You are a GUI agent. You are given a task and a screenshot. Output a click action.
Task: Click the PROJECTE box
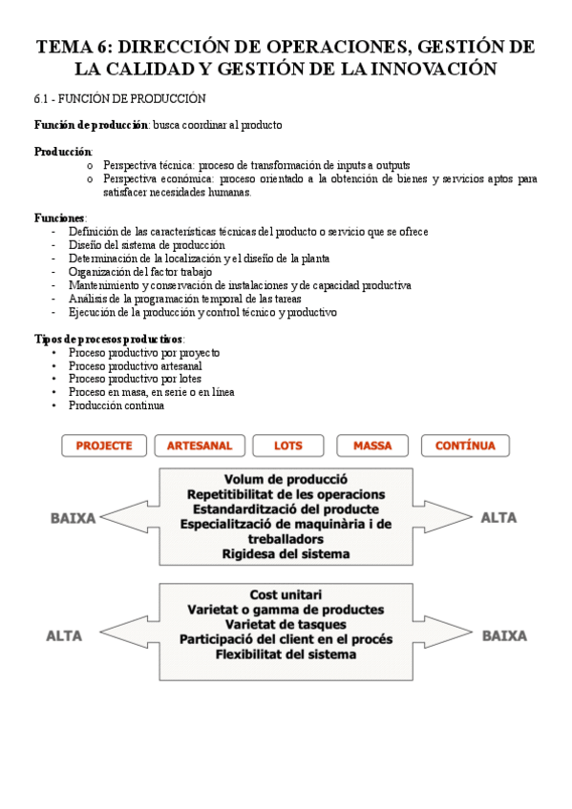pyautogui.click(x=104, y=446)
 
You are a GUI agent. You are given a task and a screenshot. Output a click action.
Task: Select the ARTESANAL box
pyautogui.click(x=199, y=446)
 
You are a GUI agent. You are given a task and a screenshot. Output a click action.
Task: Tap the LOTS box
pyautogui.click(x=287, y=446)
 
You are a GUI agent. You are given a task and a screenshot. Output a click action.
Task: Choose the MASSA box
pyautogui.click(x=372, y=446)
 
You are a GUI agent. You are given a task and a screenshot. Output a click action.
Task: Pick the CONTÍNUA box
pyautogui.click(x=465, y=446)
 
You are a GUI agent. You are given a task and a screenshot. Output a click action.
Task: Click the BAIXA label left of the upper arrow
pyautogui.click(x=73, y=518)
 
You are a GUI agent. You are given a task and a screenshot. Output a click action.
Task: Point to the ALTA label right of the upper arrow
pyautogui.click(x=498, y=518)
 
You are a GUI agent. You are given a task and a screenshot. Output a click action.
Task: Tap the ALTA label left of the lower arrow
pyautogui.click(x=64, y=635)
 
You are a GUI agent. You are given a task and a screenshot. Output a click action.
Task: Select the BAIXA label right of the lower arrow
pyautogui.click(x=505, y=634)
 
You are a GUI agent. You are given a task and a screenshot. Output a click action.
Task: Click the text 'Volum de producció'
pyautogui.click(x=286, y=479)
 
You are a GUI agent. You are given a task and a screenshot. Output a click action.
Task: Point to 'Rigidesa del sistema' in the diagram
pyautogui.click(x=286, y=553)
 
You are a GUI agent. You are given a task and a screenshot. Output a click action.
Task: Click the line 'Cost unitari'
pyautogui.click(x=286, y=593)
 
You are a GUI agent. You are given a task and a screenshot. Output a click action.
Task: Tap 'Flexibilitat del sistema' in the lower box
pyautogui.click(x=286, y=654)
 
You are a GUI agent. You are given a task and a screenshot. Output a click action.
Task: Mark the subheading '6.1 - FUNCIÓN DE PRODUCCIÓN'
pyautogui.click(x=119, y=99)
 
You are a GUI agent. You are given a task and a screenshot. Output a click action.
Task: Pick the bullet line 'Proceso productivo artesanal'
pyautogui.click(x=135, y=365)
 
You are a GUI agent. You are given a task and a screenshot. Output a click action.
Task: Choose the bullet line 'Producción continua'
pyautogui.click(x=116, y=405)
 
